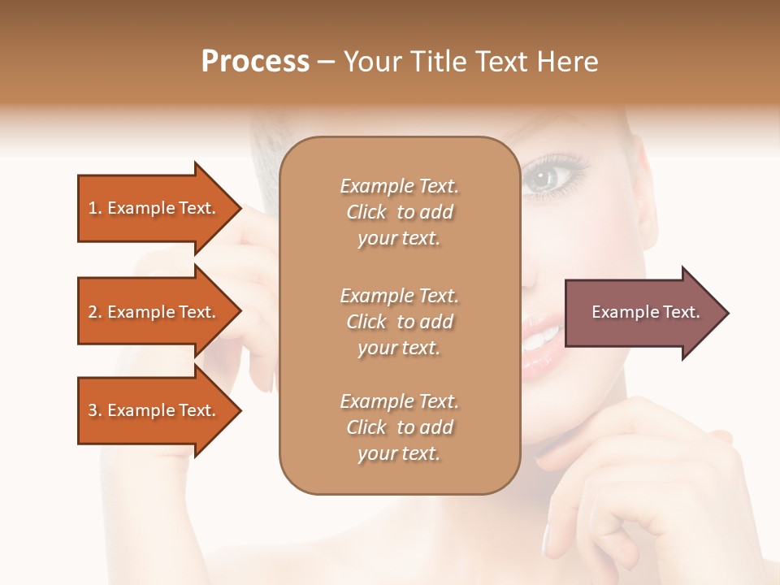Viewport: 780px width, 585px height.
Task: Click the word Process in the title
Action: (255, 62)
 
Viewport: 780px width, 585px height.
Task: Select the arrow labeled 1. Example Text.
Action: (154, 208)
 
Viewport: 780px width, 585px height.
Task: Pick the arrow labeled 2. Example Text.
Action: (154, 312)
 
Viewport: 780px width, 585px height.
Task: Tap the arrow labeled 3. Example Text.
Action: (154, 410)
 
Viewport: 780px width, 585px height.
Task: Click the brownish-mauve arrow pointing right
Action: (642, 313)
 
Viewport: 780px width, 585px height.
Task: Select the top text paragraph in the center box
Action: (399, 212)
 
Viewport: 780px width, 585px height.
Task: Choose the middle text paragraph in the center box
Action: (399, 322)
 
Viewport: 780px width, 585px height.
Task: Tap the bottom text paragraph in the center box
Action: (399, 427)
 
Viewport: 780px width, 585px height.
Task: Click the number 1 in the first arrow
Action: (93, 208)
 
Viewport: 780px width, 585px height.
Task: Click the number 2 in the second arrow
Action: (93, 312)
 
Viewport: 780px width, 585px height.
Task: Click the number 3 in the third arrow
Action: (93, 410)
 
